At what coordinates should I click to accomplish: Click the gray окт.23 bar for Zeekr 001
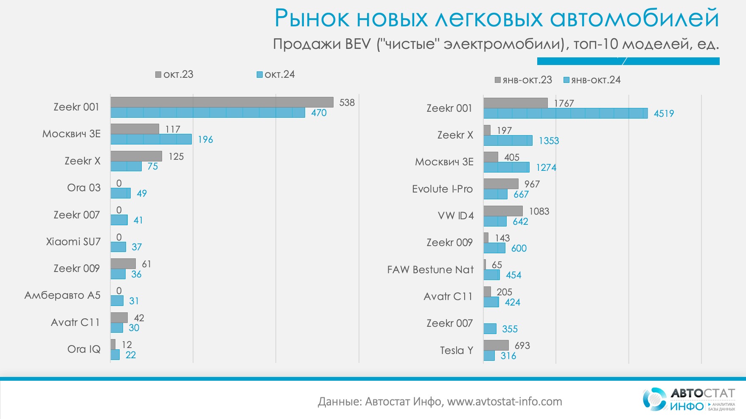tap(222, 102)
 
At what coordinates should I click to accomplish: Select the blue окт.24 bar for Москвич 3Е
tap(151, 139)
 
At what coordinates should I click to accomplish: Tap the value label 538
tap(347, 102)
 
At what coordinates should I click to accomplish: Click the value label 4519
tap(664, 113)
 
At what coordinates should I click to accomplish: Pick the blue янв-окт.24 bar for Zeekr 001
tap(566, 113)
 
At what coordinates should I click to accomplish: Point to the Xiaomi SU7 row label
tap(73, 242)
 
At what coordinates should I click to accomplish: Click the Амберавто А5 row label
tap(62, 295)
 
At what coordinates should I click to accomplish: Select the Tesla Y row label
tap(456, 351)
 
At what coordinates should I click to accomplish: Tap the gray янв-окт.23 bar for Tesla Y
tap(496, 345)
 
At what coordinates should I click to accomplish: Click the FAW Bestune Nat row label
tap(430, 270)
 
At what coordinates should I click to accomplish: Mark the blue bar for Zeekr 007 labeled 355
tap(490, 328)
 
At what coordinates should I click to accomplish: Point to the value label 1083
tap(539, 211)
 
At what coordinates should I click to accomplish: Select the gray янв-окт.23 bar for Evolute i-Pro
tap(501, 184)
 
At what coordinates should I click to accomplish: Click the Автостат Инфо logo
tap(688, 399)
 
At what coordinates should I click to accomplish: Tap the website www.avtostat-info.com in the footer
tap(505, 402)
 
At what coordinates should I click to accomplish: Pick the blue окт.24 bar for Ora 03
tap(121, 193)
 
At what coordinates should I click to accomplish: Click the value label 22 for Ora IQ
tap(131, 355)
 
